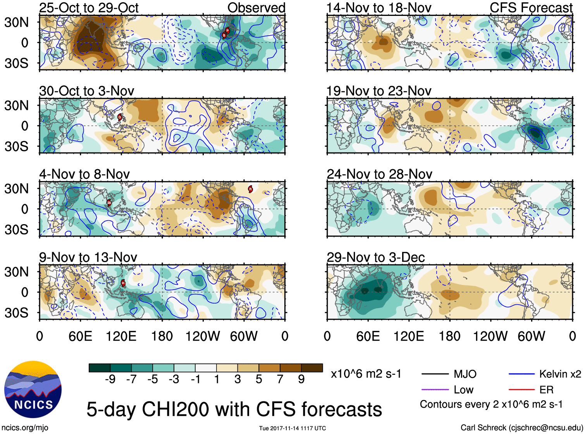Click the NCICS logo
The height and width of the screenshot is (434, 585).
33,389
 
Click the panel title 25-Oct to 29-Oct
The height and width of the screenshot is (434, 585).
89,8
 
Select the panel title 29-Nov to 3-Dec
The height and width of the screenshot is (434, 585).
375,257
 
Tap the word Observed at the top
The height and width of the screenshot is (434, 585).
256,8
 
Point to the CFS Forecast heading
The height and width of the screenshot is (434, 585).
531,8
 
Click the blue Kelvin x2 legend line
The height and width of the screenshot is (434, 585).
521,374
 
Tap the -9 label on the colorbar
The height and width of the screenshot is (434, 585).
110,379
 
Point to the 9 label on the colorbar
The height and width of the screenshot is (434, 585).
301,379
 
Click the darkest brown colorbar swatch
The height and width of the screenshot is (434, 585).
312,368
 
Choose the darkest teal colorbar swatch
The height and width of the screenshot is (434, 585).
100,368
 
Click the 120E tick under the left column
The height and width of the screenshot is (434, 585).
121,336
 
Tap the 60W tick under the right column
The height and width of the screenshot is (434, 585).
531,336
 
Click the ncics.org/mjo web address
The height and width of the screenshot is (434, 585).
25,428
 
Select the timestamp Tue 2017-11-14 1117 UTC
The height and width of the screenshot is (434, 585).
292,428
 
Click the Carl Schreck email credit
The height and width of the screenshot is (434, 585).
521,428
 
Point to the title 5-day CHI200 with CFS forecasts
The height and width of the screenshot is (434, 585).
234,409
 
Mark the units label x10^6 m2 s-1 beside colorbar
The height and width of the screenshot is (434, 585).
366,374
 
